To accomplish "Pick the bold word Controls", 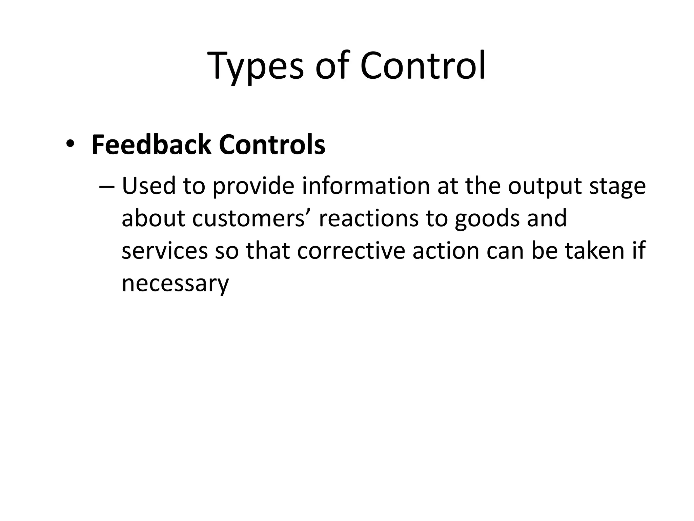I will click(272, 145).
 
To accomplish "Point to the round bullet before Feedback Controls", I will click(70, 144).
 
